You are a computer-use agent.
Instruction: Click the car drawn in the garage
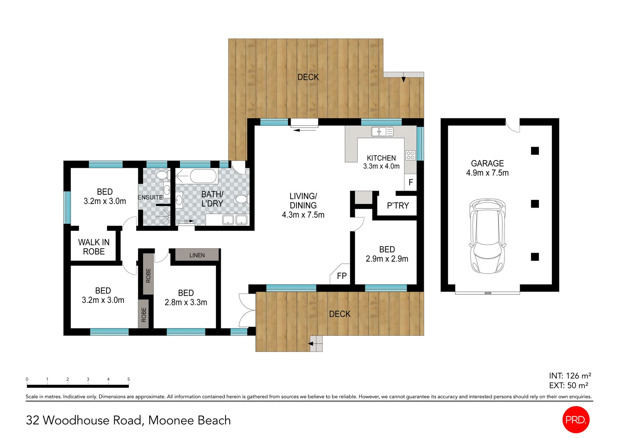(x=487, y=236)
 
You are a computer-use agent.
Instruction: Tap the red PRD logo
(x=576, y=419)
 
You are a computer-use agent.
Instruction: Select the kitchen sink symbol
(x=382, y=132)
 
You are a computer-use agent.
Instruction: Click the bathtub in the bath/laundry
(x=203, y=176)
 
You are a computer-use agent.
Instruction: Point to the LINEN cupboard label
(x=197, y=255)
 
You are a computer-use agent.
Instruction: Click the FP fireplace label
(x=342, y=276)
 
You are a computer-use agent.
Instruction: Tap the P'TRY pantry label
(x=398, y=206)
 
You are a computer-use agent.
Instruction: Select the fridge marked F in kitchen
(x=411, y=182)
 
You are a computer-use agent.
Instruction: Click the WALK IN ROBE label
(x=94, y=247)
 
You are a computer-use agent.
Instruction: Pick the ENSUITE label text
(x=150, y=197)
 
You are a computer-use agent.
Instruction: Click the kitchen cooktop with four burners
(x=411, y=155)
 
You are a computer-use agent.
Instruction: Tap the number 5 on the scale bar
(x=128, y=379)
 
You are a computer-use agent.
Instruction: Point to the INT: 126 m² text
(x=570, y=376)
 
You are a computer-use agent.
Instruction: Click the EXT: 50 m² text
(x=568, y=385)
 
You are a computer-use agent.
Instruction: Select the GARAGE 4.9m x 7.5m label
(x=487, y=168)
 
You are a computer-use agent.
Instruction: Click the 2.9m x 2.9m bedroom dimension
(x=387, y=259)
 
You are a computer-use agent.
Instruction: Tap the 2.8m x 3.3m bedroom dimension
(x=186, y=302)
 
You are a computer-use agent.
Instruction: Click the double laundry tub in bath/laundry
(x=235, y=220)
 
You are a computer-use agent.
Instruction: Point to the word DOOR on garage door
(x=488, y=293)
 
